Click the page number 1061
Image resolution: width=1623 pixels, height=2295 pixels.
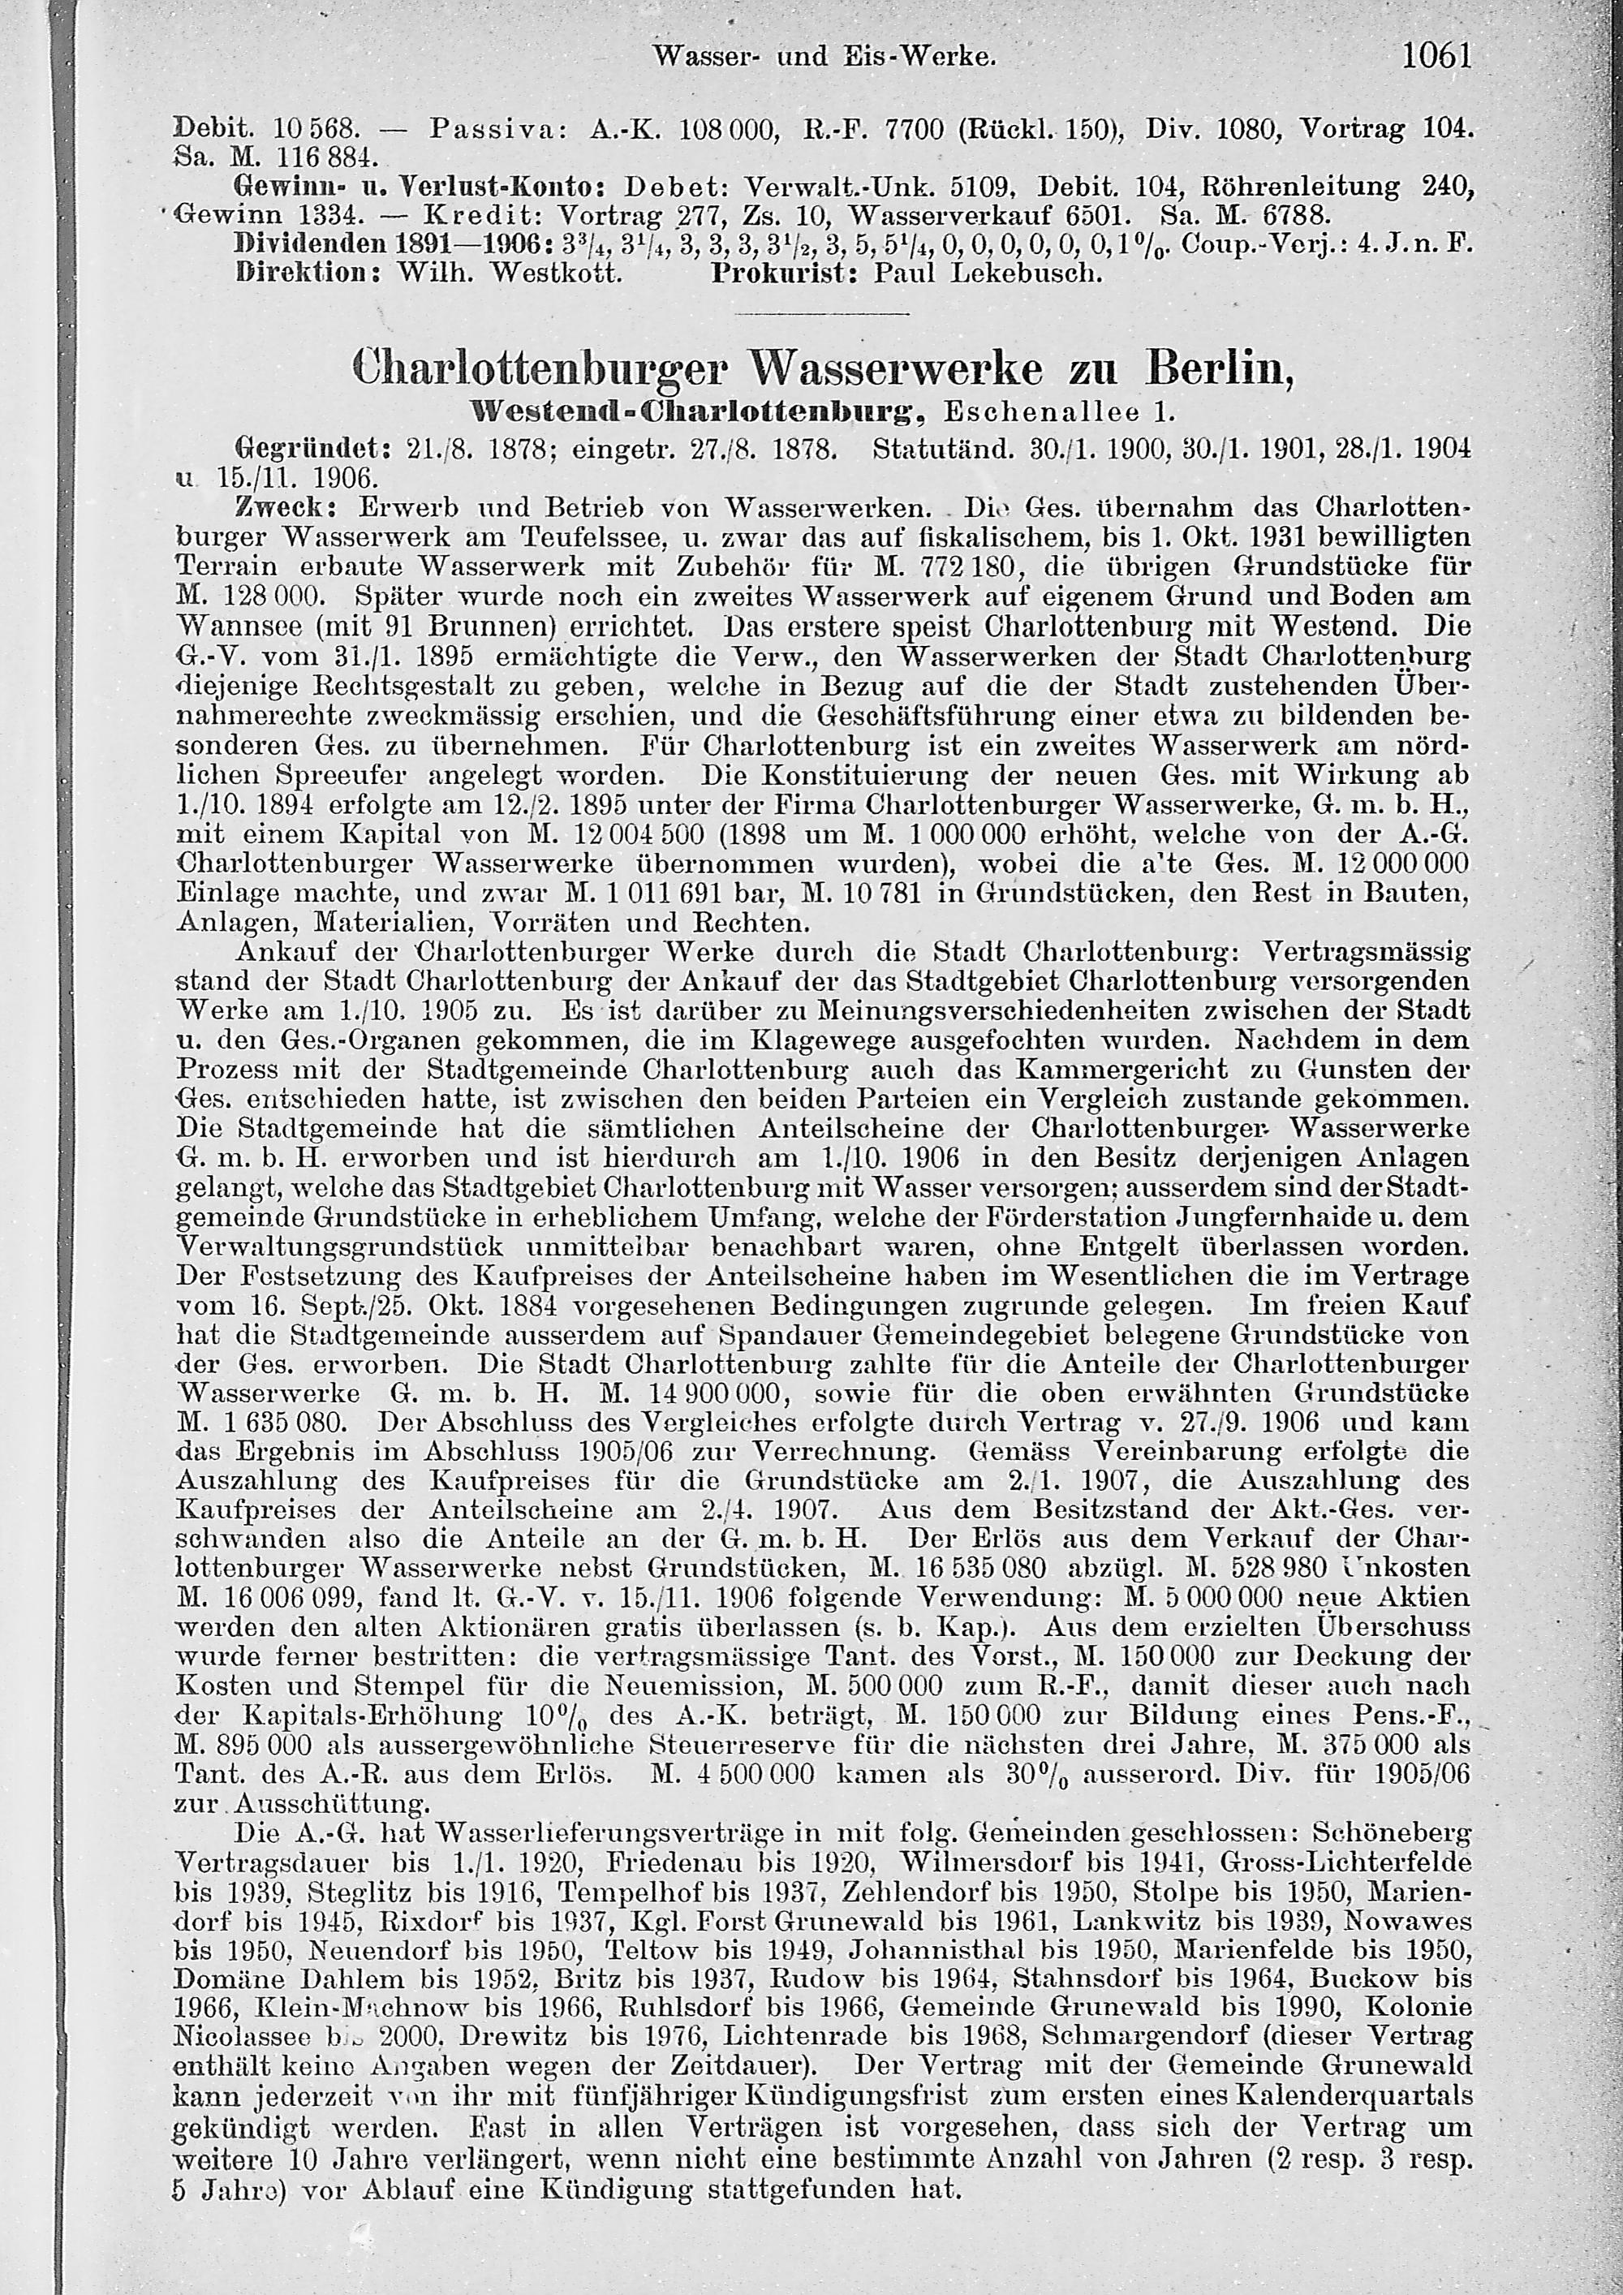pyautogui.click(x=1437, y=56)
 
